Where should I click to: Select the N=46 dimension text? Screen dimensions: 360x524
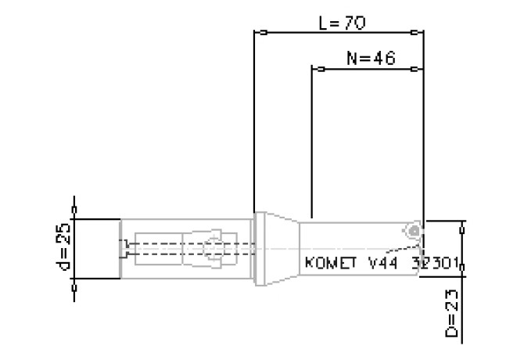click(369, 59)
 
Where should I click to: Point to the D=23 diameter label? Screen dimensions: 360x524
click(453, 311)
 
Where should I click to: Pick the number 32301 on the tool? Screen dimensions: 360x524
click(438, 263)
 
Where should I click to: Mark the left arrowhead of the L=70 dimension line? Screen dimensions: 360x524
click(264, 33)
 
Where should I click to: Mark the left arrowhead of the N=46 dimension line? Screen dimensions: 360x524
click(320, 69)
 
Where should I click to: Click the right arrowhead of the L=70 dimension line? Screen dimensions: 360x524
click(415, 33)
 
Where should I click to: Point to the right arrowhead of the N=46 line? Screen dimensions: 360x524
click(415, 69)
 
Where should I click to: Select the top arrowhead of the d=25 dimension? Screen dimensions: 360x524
click(75, 210)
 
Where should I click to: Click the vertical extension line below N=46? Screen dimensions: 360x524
click(312, 141)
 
